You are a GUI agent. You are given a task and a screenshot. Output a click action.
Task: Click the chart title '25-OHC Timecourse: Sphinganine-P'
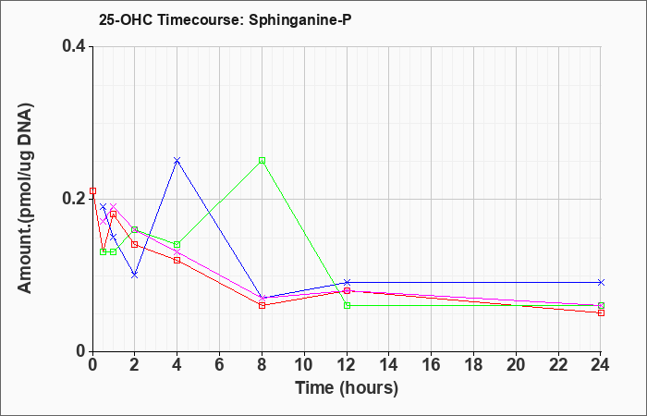click(x=225, y=19)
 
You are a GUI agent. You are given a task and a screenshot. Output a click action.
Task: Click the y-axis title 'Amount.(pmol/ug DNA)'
click(x=26, y=198)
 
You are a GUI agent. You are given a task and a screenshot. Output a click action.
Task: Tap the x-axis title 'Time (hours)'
click(x=347, y=388)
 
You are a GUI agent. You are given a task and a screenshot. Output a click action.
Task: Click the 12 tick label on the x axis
click(x=347, y=365)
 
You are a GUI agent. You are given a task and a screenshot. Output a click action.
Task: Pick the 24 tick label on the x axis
click(x=601, y=365)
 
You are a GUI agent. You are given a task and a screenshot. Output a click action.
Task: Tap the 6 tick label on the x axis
click(x=220, y=365)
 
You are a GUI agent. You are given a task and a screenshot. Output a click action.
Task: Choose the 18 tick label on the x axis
click(x=473, y=365)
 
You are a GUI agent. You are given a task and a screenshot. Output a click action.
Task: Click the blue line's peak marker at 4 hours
click(x=177, y=161)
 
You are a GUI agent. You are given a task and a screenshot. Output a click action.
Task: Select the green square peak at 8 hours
click(x=262, y=161)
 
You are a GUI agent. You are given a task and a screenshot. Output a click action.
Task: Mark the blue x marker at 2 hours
click(x=135, y=275)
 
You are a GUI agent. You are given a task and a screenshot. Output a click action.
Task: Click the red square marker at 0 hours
click(x=92, y=191)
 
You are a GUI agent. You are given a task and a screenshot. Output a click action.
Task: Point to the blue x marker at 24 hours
click(x=601, y=282)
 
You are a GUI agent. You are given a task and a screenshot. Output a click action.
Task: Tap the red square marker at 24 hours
click(x=601, y=312)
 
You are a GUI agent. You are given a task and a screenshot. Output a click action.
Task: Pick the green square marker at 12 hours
click(x=347, y=305)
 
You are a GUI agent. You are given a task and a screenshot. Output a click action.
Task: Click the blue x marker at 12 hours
click(x=347, y=282)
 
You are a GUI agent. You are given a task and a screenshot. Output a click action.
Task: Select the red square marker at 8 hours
click(x=262, y=305)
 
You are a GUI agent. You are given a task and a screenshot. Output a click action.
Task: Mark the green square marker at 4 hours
click(x=177, y=244)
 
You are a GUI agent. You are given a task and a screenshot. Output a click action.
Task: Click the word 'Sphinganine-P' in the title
click(x=300, y=19)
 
